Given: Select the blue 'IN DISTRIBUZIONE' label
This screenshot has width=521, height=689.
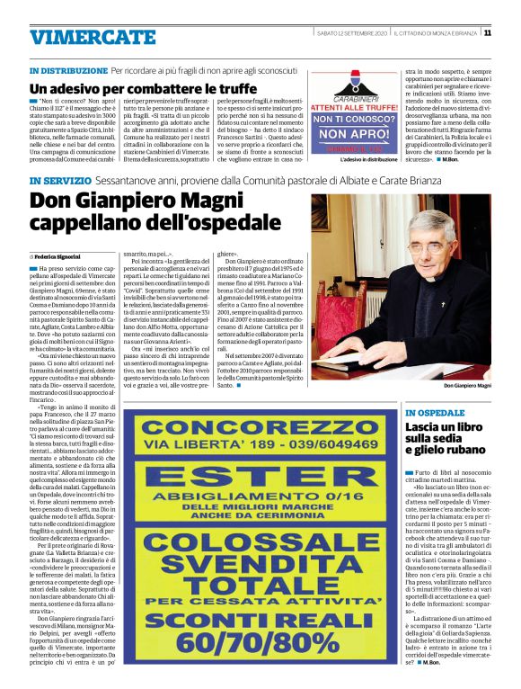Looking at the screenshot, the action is (68, 69).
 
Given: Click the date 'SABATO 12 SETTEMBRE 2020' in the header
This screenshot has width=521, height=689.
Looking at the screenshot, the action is (351, 32).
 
